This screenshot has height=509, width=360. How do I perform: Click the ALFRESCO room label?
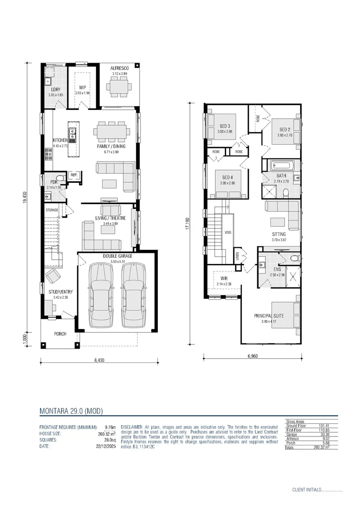[119, 68]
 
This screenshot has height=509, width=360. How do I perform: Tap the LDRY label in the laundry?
[56, 90]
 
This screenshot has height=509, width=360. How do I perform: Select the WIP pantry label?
[82, 88]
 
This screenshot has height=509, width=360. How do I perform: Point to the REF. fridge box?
[74, 175]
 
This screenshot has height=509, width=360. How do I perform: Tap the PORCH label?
[60, 334]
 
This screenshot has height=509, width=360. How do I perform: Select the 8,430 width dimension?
[99, 361]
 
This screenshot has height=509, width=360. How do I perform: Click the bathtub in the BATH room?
[282, 166]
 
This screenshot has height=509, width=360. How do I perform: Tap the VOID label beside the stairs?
[228, 232]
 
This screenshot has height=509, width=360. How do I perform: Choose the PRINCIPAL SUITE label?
[269, 316]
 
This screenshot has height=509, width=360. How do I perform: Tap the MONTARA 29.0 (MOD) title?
[71, 411]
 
